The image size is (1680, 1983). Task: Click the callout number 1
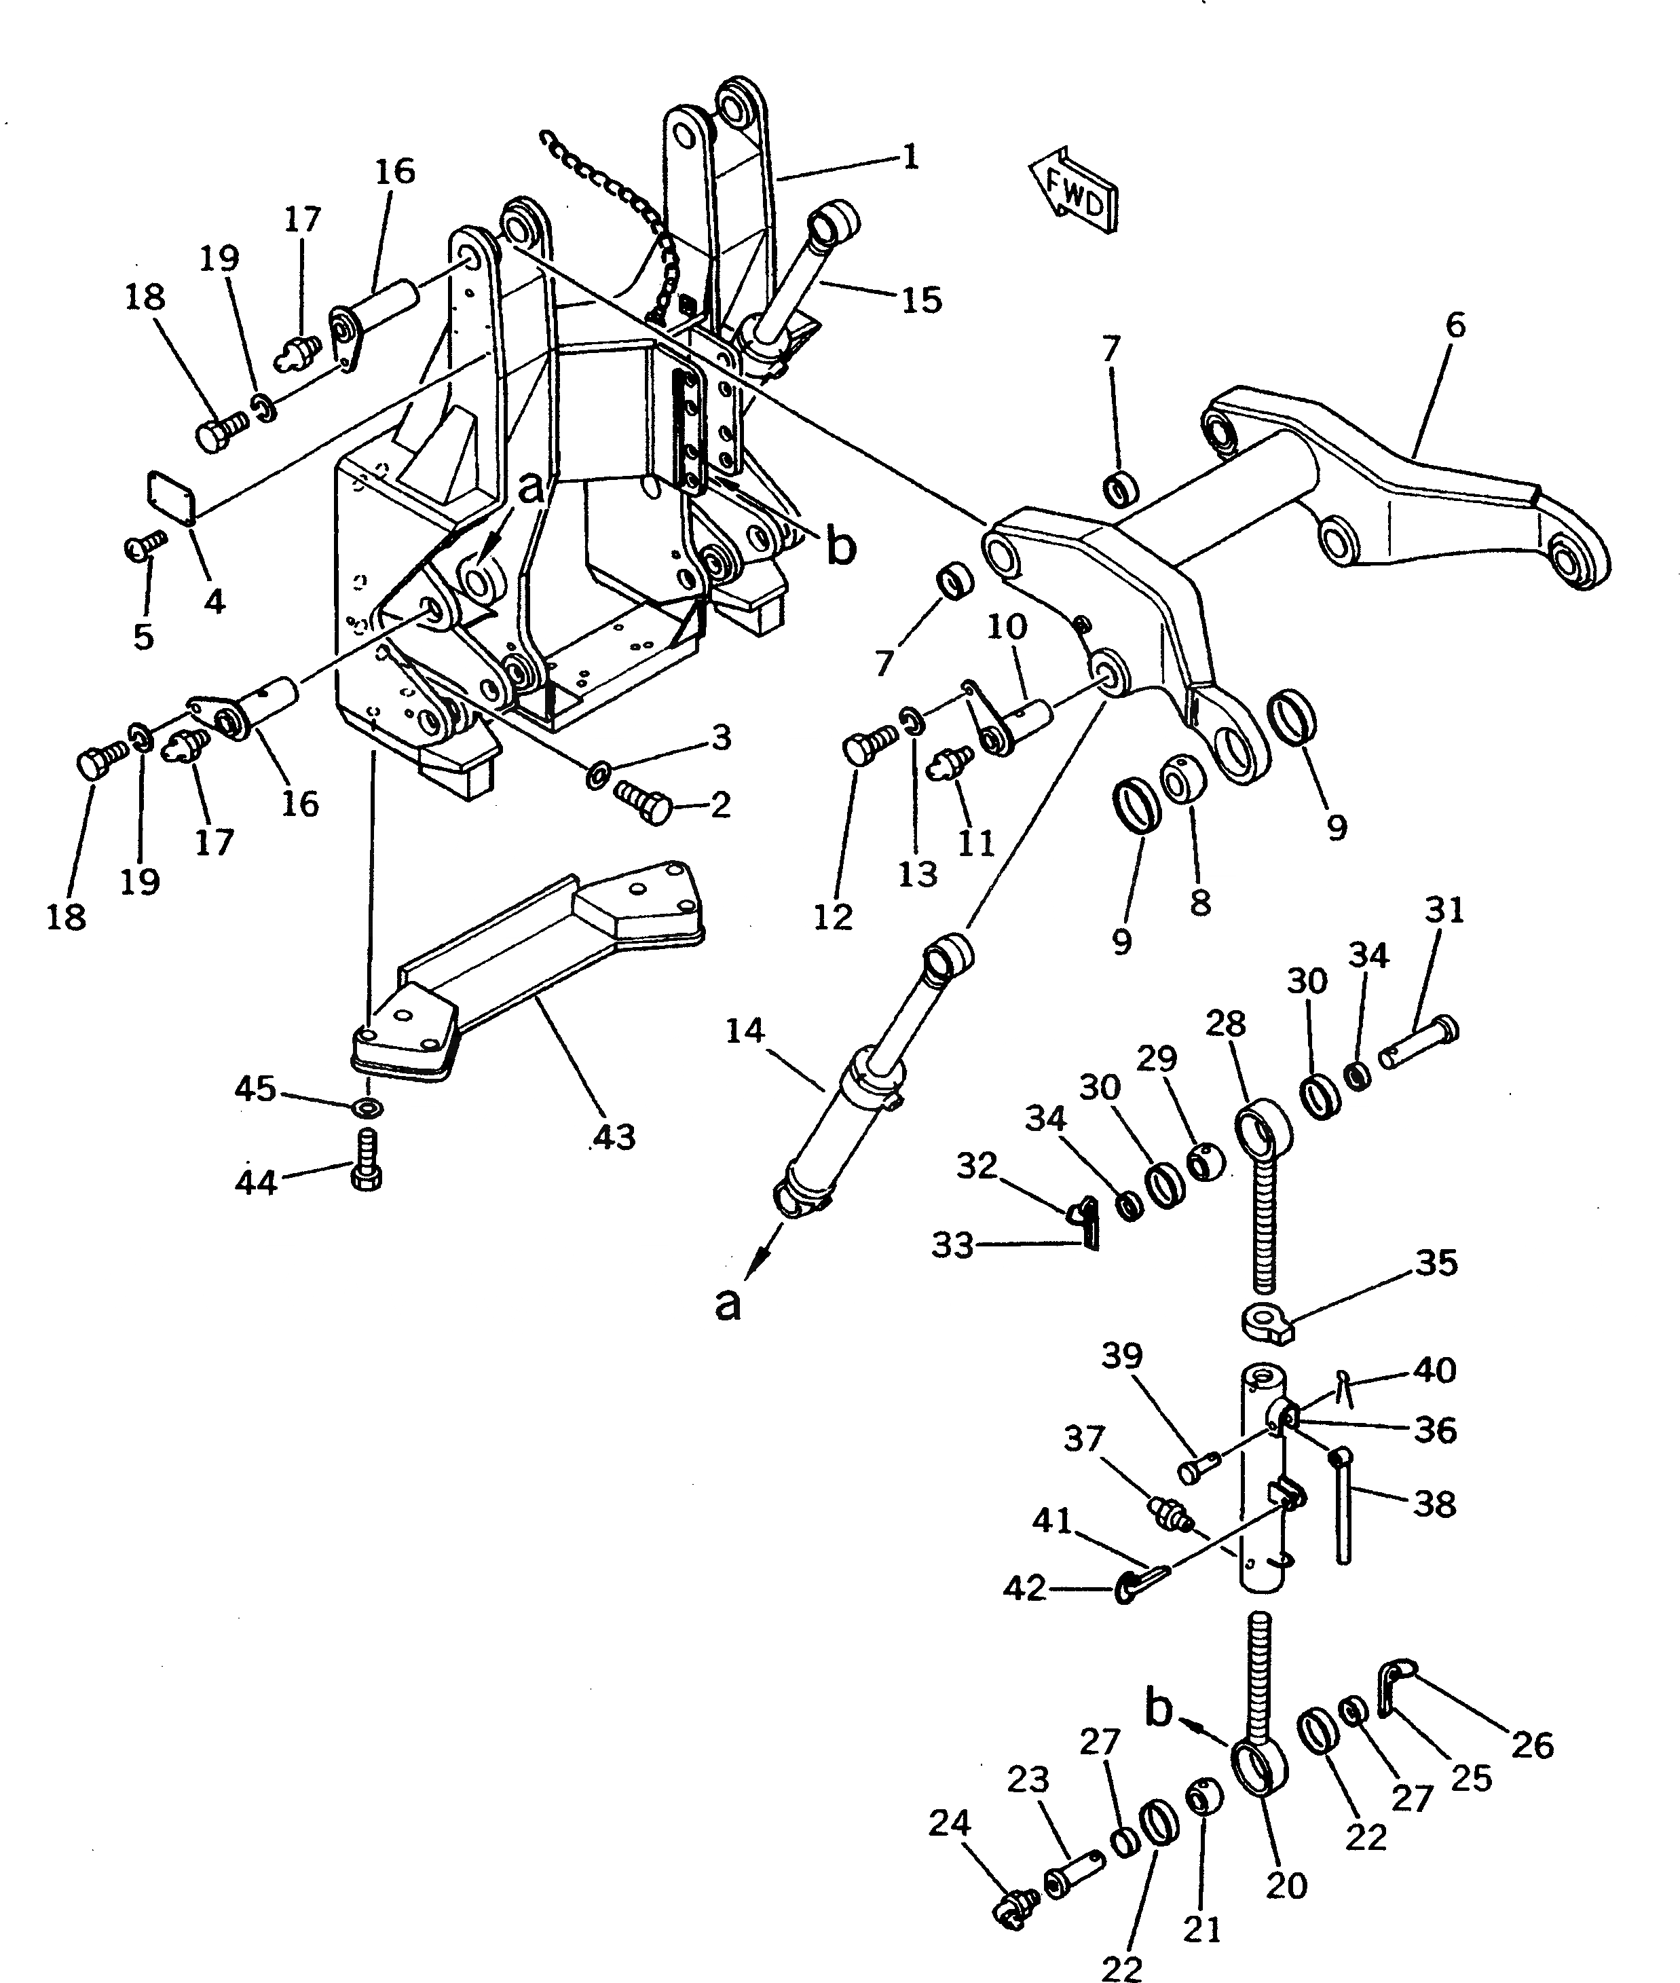pos(910,155)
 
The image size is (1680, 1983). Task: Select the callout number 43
pos(614,1136)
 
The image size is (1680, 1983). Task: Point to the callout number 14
pos(744,1030)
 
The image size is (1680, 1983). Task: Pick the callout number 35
pos(1436,1263)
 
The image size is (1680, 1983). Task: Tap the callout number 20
pos(1287,1884)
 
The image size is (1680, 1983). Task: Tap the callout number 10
pos(1006,626)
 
